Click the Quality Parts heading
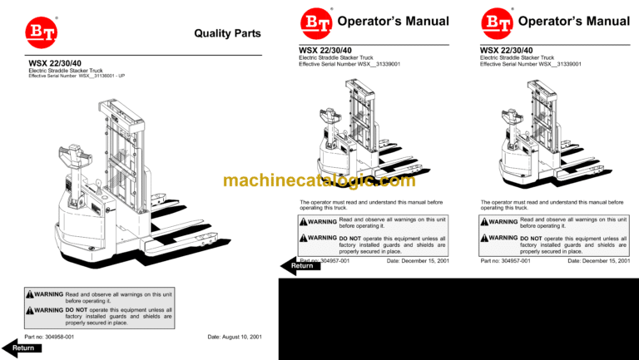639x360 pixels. (226, 34)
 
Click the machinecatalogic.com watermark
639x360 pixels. (319, 180)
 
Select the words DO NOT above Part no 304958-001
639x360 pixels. (79, 311)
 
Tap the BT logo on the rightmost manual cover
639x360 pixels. (497, 22)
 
